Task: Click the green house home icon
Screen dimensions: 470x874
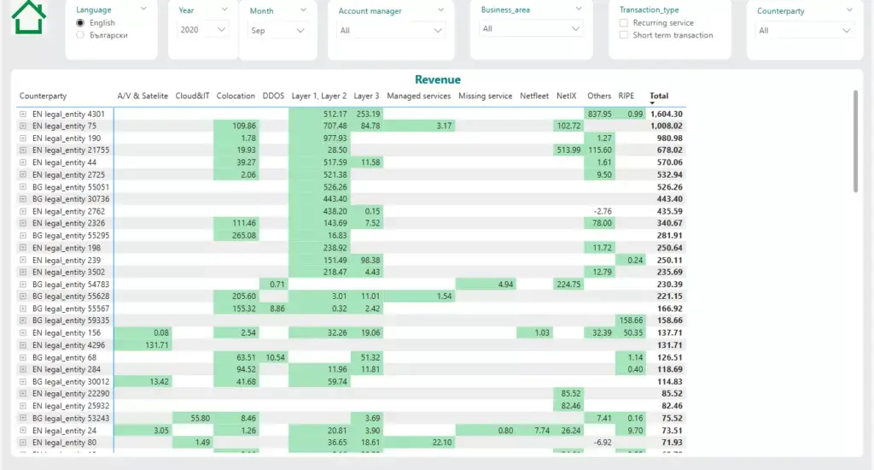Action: [x=30, y=16]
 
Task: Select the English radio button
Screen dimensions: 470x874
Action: [x=80, y=23]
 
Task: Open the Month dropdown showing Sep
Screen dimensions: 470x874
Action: [x=277, y=31]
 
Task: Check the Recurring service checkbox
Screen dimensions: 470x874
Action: [x=624, y=23]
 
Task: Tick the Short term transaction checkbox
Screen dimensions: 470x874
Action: [x=624, y=35]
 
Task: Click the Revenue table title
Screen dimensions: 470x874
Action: [x=437, y=79]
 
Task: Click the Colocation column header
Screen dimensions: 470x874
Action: [x=236, y=96]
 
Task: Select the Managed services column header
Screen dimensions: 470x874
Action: [x=418, y=96]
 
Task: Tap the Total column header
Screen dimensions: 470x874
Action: [x=658, y=96]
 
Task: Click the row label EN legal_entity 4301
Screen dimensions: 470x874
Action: [x=68, y=114]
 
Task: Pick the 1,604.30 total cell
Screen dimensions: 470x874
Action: [x=666, y=114]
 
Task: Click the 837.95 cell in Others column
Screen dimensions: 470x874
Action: [x=599, y=114]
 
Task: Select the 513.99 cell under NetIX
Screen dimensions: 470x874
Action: [x=567, y=150]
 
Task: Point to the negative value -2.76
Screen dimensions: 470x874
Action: [x=603, y=211]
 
